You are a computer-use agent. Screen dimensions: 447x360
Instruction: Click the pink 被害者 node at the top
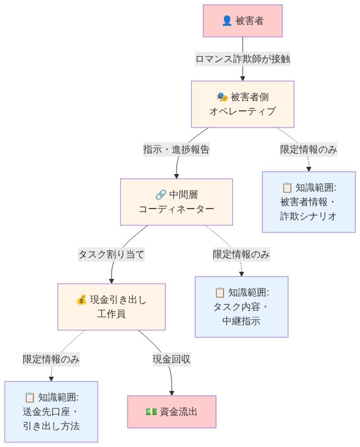(x=242, y=21)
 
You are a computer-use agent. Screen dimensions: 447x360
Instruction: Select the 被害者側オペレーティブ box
(x=242, y=104)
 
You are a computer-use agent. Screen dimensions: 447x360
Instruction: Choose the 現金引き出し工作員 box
(x=111, y=306)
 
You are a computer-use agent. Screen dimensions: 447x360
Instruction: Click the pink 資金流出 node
(x=172, y=412)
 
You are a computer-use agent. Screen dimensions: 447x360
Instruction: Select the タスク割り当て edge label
(x=111, y=254)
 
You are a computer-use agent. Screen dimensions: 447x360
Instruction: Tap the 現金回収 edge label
(x=172, y=359)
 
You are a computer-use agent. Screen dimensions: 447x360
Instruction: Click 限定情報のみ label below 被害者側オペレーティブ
(x=309, y=150)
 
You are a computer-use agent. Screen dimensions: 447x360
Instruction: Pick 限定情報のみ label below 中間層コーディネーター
(x=241, y=254)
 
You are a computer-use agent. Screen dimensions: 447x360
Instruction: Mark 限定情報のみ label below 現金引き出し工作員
(x=51, y=359)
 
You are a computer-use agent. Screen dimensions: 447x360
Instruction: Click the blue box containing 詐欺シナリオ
(x=309, y=201)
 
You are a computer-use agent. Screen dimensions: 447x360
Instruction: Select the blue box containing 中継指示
(x=241, y=306)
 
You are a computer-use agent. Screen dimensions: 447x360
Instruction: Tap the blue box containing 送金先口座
(x=51, y=412)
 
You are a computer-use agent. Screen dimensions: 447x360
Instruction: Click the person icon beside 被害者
(x=226, y=21)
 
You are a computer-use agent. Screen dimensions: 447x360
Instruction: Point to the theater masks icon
(x=222, y=97)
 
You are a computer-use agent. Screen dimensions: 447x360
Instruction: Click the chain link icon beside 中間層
(x=160, y=194)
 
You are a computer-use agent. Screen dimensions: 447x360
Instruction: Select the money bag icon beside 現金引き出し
(x=82, y=299)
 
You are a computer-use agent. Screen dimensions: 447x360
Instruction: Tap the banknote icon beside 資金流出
(x=151, y=412)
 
